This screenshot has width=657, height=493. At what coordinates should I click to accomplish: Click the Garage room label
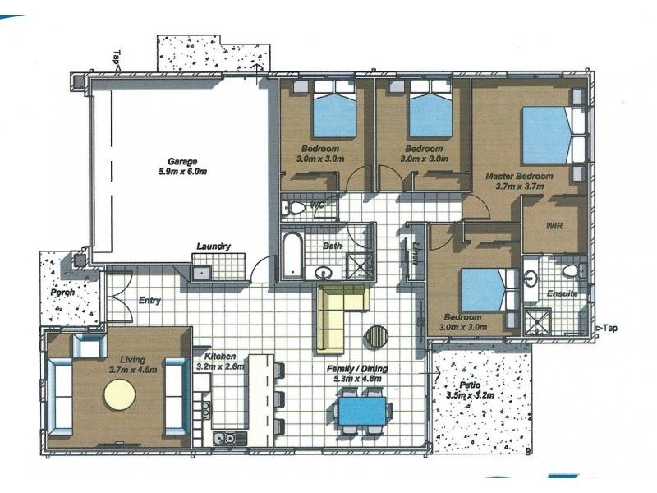point(182,161)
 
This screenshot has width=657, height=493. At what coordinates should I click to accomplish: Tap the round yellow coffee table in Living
point(120,394)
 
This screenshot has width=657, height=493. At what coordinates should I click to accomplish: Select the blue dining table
point(362,412)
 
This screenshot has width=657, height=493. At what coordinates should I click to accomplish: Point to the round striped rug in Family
point(377,336)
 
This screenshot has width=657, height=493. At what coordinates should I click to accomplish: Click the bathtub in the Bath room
point(292,255)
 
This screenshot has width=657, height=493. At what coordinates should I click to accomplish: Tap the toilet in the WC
point(294,207)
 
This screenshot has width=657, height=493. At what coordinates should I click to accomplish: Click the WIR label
point(554,225)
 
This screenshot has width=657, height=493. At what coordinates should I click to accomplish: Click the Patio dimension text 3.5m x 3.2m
point(470,395)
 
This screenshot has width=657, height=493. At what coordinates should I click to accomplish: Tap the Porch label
point(62,293)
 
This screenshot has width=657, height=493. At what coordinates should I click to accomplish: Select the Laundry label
point(214,246)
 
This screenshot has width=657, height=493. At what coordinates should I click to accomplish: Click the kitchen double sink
point(224,439)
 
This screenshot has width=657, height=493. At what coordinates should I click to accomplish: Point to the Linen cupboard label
point(416,253)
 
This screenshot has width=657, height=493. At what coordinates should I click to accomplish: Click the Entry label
point(149,300)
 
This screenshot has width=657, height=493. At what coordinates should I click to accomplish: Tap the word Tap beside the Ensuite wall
point(610,328)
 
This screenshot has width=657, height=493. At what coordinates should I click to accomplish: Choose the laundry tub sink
point(201,274)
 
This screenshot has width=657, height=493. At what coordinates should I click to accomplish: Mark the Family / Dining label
point(356,369)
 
